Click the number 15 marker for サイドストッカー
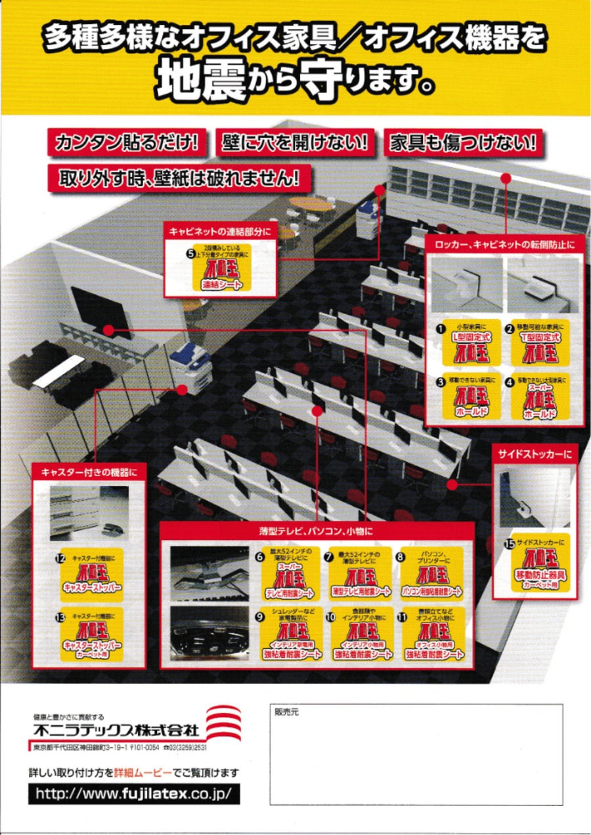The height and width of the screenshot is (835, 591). click(x=508, y=543)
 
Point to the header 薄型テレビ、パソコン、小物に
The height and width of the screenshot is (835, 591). click(x=316, y=530)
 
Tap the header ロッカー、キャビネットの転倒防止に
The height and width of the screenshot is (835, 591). click(x=504, y=244)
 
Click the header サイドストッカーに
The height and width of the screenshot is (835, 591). click(x=534, y=453)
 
